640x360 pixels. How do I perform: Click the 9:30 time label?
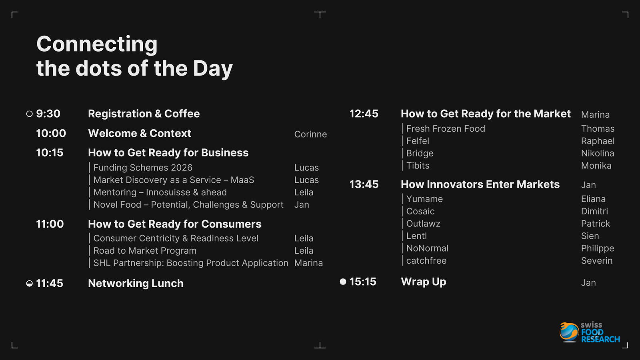coord(48,114)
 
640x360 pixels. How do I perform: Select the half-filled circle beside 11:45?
coord(30,284)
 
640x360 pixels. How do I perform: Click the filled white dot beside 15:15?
coord(343,282)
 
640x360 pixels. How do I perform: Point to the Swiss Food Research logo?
coord(590,332)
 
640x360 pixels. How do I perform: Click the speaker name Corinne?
coord(310,134)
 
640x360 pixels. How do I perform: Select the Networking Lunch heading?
coord(136,284)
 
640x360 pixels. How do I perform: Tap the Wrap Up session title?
coord(424,282)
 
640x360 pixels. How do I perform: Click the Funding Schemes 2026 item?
coord(143,168)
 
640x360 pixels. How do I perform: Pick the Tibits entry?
coord(418,166)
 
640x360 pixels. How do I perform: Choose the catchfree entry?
coord(426,261)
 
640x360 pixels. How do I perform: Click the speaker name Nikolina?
coord(598,154)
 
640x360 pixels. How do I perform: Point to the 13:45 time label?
coord(364,184)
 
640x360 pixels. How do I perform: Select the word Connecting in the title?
coord(97,44)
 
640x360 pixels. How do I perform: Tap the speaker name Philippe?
coord(598,248)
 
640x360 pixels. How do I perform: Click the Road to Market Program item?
coord(145,251)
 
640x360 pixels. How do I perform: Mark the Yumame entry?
coord(424,199)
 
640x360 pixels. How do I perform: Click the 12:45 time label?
coord(364,114)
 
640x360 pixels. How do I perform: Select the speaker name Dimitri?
coord(594,212)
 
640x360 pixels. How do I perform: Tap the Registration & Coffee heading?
coord(144,114)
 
